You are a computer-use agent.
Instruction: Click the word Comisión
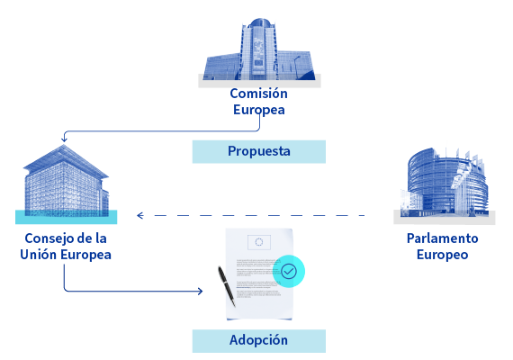coord(258,94)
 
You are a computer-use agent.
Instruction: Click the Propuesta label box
coord(259,151)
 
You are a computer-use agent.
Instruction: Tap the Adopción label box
coord(259,341)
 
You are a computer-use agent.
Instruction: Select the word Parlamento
coord(442,238)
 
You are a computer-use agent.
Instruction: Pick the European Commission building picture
coord(259,49)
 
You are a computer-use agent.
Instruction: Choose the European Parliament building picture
coord(445,183)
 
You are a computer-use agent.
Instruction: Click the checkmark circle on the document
coord(289,271)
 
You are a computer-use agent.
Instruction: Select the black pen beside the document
coord(227,286)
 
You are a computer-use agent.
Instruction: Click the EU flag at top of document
coord(259,242)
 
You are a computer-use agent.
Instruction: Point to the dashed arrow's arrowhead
coord(140,215)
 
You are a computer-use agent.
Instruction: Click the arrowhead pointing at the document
coord(200,291)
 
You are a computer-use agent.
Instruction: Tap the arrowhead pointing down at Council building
coord(64,139)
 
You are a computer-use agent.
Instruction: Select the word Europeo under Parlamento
coord(442,255)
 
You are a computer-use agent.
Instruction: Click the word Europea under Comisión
coord(259,110)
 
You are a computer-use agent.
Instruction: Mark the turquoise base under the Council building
coord(66,217)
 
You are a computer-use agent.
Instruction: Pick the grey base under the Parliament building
coord(445,218)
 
